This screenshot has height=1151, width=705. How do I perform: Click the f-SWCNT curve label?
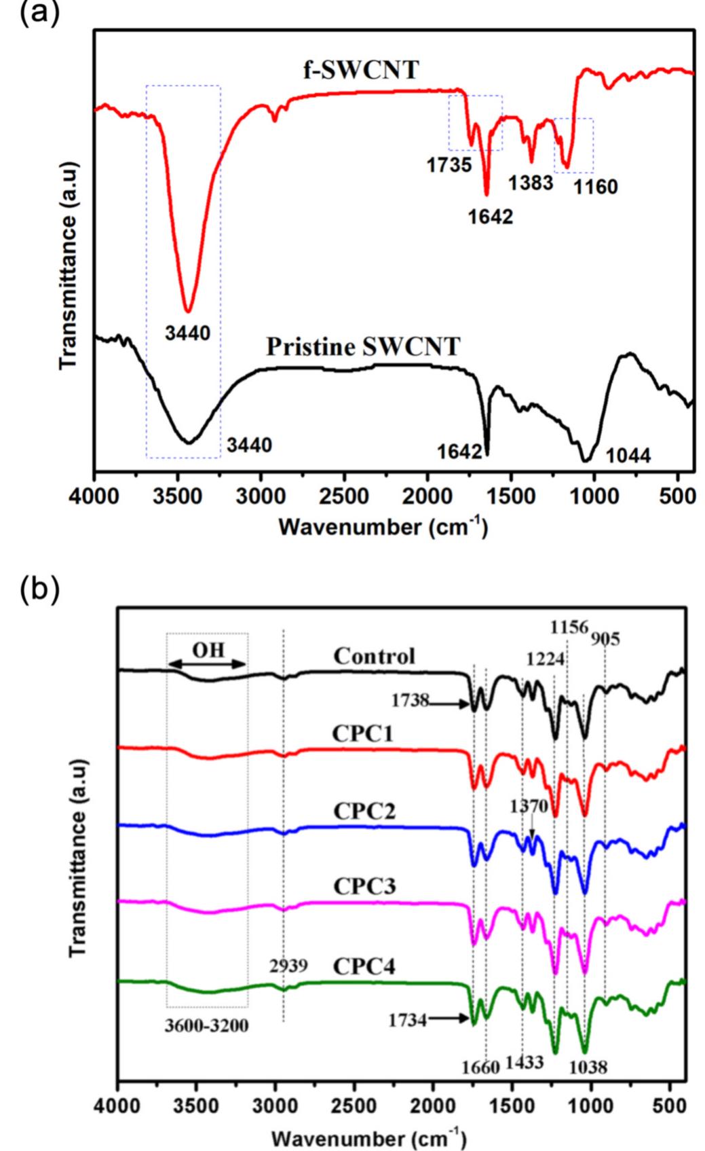pos(360,70)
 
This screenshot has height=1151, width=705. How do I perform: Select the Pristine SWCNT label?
pos(362,347)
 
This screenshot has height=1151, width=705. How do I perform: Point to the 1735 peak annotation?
pos(449,165)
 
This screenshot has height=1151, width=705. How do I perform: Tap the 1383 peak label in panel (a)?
pos(531,183)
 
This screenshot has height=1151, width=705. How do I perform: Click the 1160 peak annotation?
pos(596,186)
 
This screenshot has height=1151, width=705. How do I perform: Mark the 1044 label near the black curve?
pos(628,456)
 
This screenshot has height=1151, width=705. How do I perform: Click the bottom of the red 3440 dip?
pos(189,310)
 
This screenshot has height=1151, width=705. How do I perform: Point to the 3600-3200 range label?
pos(206,1025)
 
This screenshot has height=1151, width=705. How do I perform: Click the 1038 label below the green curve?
pos(588,1067)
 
